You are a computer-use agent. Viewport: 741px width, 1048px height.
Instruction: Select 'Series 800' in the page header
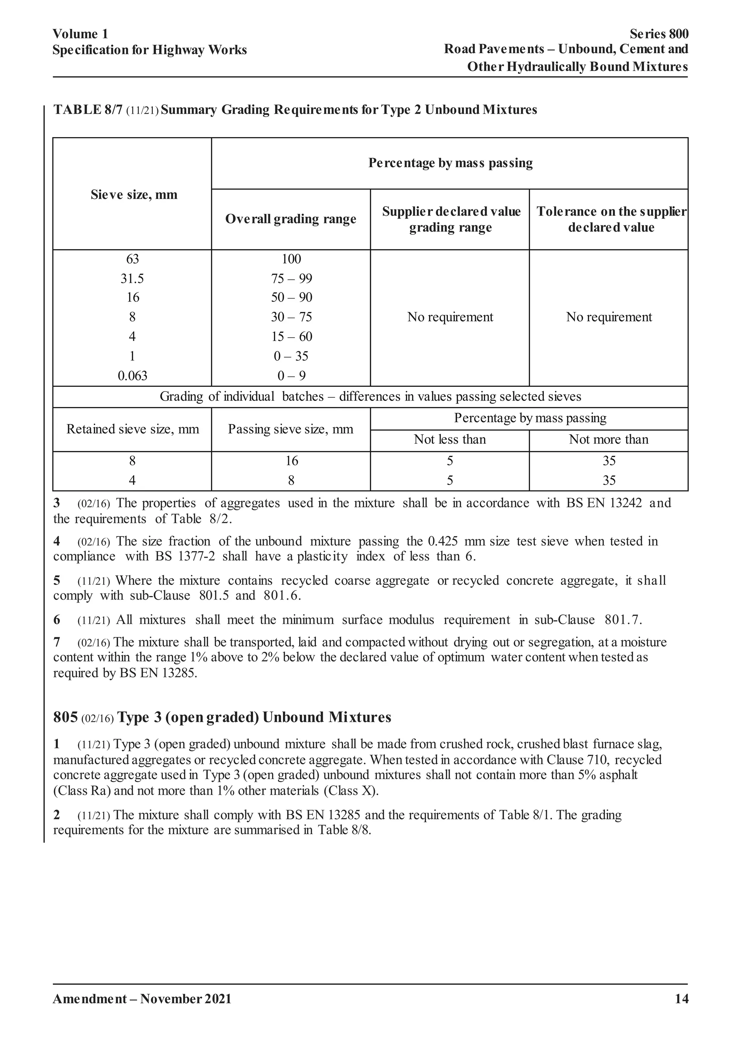659,34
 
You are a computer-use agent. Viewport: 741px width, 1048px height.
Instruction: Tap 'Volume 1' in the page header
80,34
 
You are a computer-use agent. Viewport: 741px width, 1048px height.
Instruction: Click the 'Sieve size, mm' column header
134,195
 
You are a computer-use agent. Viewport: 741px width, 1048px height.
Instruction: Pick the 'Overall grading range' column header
291,219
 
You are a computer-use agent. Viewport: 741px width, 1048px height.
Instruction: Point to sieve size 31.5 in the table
132,278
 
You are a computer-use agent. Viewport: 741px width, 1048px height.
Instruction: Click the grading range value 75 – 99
291,278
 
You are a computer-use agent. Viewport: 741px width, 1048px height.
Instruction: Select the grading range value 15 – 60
291,337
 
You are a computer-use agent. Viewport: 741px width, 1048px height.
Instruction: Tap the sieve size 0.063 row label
132,376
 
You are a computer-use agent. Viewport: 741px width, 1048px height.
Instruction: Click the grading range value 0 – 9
291,376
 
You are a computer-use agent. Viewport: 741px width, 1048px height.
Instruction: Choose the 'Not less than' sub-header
449,440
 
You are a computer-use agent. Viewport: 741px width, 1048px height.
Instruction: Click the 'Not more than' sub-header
608,440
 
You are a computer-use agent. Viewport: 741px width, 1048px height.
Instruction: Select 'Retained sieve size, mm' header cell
133,429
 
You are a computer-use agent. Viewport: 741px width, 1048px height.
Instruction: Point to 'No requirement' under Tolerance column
609,317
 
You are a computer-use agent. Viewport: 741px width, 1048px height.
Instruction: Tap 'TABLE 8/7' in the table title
88,110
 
